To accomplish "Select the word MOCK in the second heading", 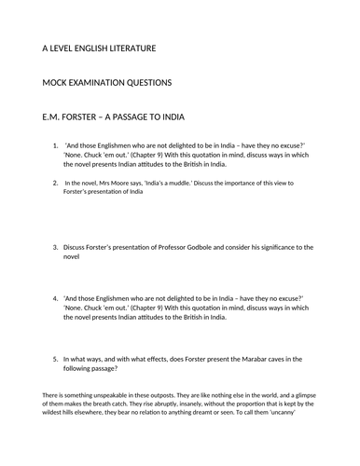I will (56, 83).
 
